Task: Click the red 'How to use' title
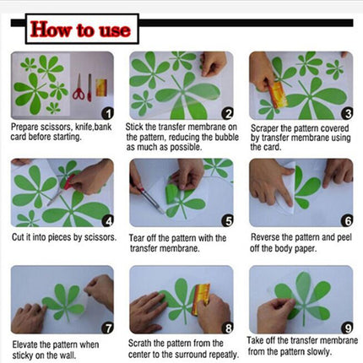[x=80, y=30]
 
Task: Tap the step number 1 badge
[x=107, y=113]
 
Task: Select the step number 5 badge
[x=227, y=221]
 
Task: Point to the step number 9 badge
[x=347, y=328]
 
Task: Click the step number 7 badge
[x=107, y=328]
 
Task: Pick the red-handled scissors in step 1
[x=79, y=87]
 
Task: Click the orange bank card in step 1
[x=101, y=88]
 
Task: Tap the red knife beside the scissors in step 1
[x=89, y=88]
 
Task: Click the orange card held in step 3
[x=278, y=95]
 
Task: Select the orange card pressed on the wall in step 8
[x=201, y=299]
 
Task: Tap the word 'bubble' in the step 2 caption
[x=227, y=138]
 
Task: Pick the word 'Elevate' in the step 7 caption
[x=24, y=344]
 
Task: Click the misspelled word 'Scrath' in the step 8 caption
[x=139, y=344]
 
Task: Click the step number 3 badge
[x=347, y=113]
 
